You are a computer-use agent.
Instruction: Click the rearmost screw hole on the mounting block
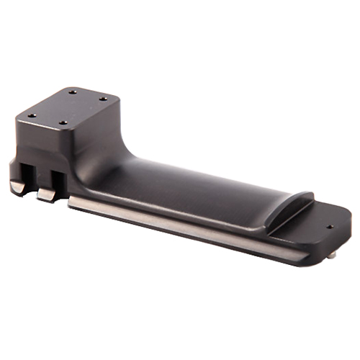73,91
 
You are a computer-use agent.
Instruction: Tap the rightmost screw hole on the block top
102,99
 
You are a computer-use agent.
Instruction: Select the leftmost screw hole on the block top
31,115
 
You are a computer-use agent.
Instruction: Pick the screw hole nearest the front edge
63,123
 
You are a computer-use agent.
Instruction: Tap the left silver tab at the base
17,187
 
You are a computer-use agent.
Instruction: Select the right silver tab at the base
46,195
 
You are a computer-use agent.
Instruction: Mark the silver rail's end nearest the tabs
72,204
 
